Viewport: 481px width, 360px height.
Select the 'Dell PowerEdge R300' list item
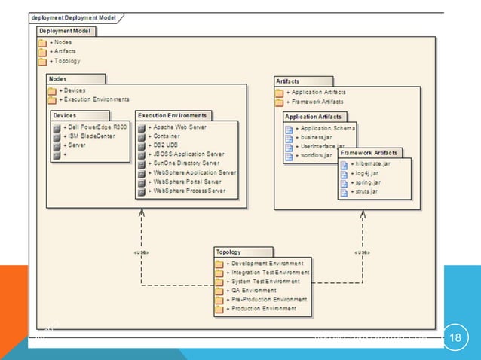coord(94,127)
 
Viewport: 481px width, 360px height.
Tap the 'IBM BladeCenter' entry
coord(90,136)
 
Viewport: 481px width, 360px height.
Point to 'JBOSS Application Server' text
coord(185,154)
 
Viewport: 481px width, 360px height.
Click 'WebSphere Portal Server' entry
coord(185,182)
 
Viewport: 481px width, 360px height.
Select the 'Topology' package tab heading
coord(228,252)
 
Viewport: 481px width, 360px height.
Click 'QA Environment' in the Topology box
coord(253,290)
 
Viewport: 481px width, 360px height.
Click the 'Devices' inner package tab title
coord(66,115)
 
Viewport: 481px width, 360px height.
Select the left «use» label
coord(140,252)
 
